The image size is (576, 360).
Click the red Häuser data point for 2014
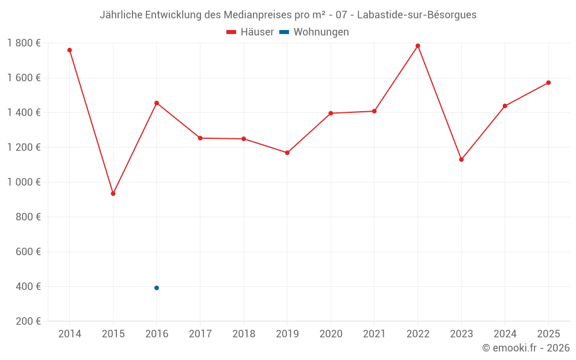pyautogui.click(x=70, y=50)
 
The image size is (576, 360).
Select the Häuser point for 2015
pyautogui.click(x=113, y=194)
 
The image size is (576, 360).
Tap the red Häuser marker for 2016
pyautogui.click(x=157, y=103)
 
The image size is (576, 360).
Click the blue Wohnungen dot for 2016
pyautogui.click(x=157, y=288)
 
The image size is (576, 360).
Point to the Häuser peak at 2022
pyautogui.click(x=418, y=46)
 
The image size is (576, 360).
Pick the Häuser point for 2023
pyautogui.click(x=461, y=160)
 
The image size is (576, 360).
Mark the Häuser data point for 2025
pyautogui.click(x=548, y=83)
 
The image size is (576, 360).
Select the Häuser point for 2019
pyautogui.click(x=287, y=153)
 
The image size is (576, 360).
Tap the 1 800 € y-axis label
pyautogui.click(x=24, y=43)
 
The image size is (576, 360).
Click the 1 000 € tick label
pyautogui.click(x=24, y=182)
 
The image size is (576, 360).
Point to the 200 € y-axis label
pyautogui.click(x=28, y=321)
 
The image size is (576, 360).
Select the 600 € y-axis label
pyautogui.click(x=28, y=252)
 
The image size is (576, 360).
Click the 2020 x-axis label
pyautogui.click(x=331, y=334)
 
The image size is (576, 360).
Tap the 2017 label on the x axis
pyautogui.click(x=200, y=334)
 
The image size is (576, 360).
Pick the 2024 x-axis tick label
pyautogui.click(x=505, y=334)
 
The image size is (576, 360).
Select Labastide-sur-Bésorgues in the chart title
pyautogui.click(x=417, y=15)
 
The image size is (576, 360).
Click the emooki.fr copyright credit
pyautogui.click(x=526, y=348)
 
